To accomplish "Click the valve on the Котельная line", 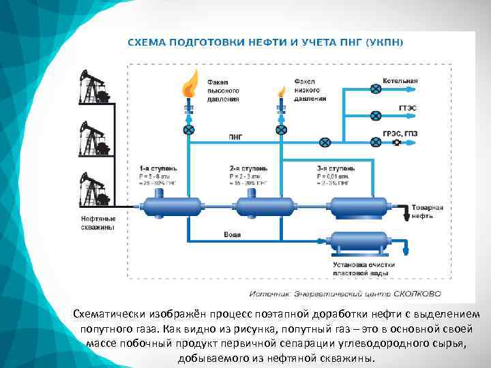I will pyautogui.click(x=374, y=89).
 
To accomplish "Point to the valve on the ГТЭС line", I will pyautogui.click(x=374, y=115).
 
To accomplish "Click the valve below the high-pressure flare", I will pyautogui.click(x=189, y=129).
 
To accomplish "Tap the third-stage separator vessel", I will pyautogui.click(x=359, y=206).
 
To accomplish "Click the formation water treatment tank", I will pyautogui.click(x=359, y=241).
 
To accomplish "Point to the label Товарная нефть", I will pyautogui.click(x=428, y=211).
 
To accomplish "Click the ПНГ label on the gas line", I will pyautogui.click(x=235, y=136).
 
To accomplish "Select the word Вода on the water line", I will pyautogui.click(x=232, y=234).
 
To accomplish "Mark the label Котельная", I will pyautogui.click(x=400, y=81).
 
